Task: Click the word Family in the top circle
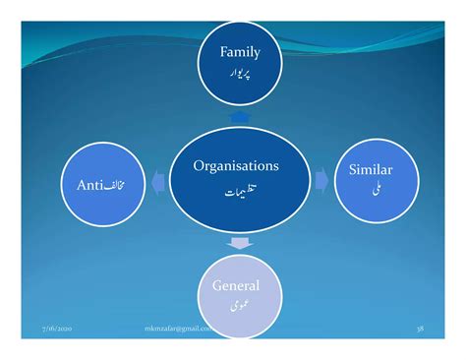(x=240, y=52)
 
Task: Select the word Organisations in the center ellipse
(x=236, y=167)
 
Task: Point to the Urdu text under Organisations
(x=236, y=193)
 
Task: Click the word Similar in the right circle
(x=371, y=171)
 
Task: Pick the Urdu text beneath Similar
(x=372, y=191)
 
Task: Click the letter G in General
(x=218, y=287)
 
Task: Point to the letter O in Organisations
(x=199, y=167)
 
